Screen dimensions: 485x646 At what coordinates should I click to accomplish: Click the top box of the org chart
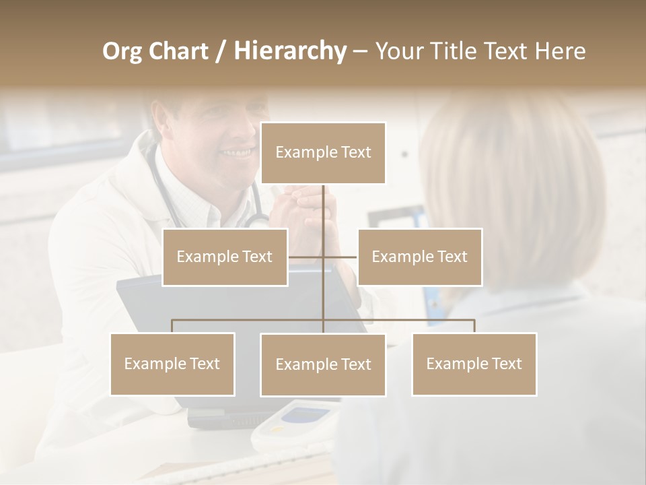(x=323, y=153)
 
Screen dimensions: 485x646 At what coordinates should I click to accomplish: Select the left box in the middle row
(x=225, y=257)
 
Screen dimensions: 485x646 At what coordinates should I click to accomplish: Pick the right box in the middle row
(x=419, y=257)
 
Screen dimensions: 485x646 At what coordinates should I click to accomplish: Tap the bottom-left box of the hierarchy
(x=172, y=364)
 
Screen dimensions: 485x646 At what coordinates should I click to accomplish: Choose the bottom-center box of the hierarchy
(x=323, y=364)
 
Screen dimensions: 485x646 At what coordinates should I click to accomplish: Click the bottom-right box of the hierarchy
(x=474, y=364)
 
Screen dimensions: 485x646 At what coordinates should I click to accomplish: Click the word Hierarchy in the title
(x=290, y=51)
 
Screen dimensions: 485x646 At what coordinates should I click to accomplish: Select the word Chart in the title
(x=179, y=51)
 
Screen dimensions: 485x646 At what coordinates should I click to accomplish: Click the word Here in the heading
(x=560, y=51)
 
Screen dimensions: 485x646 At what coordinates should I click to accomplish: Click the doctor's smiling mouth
(x=237, y=153)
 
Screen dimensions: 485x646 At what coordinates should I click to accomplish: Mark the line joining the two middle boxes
(x=323, y=257)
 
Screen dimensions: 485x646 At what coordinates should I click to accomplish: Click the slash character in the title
(x=221, y=52)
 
